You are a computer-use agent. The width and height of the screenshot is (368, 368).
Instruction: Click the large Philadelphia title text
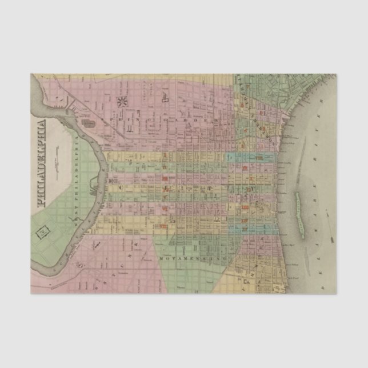point(42,162)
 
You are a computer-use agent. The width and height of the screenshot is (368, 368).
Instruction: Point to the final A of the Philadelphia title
point(42,122)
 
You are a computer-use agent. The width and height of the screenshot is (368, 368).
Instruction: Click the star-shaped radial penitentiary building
point(122,103)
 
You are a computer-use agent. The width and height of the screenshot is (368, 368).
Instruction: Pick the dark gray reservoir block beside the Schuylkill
point(89,122)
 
